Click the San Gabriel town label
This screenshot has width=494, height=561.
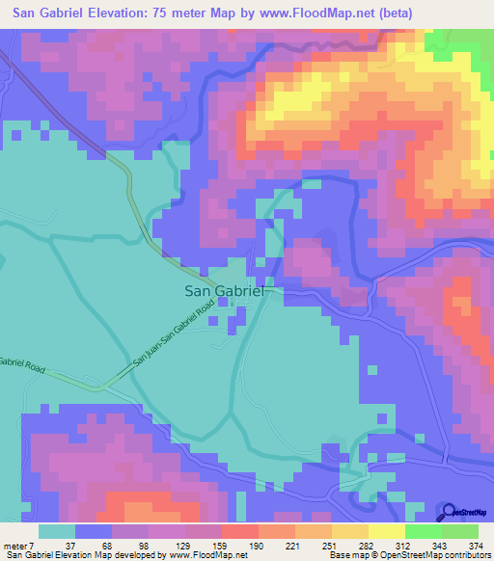click(x=219, y=290)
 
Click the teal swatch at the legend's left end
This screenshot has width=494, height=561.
click(x=56, y=532)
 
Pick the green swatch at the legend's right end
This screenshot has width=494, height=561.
click(x=460, y=532)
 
